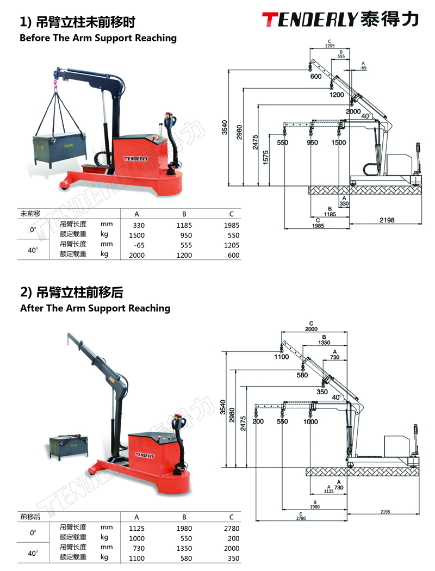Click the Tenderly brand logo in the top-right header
pos(340,20)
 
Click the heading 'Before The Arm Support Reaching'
pos(98,38)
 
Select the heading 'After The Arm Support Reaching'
pos(95,308)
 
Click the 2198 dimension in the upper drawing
pos(387,220)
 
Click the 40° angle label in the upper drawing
pos(365,116)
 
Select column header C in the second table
pos(231,517)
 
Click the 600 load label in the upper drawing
pos(316,77)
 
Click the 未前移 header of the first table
pos(31,213)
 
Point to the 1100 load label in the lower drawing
pos(282,357)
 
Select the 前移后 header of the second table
pos(31,517)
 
